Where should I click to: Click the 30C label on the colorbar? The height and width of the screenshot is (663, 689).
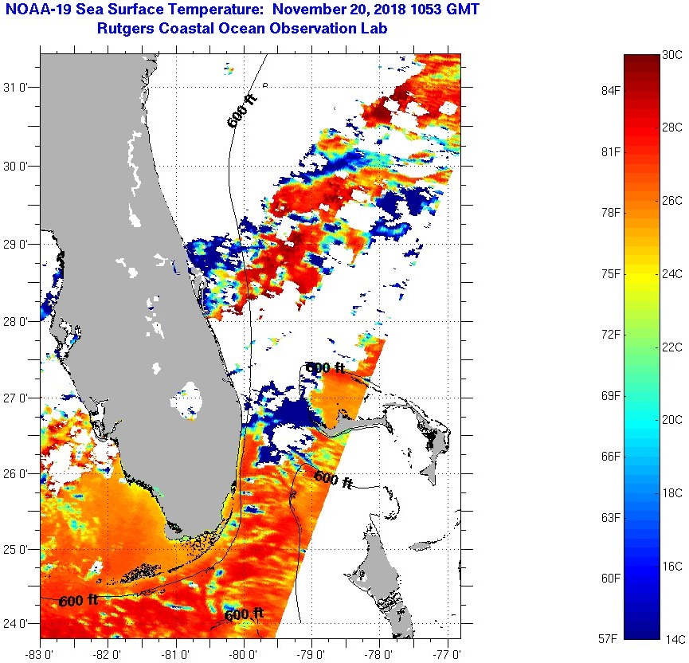[x=672, y=54]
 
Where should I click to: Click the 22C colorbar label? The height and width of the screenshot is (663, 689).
[x=672, y=347]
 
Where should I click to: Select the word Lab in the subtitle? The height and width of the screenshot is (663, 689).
[x=385, y=29]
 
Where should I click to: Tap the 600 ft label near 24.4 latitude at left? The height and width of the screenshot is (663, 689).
[x=78, y=599]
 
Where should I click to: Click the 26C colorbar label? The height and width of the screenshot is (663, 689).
[x=672, y=200]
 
